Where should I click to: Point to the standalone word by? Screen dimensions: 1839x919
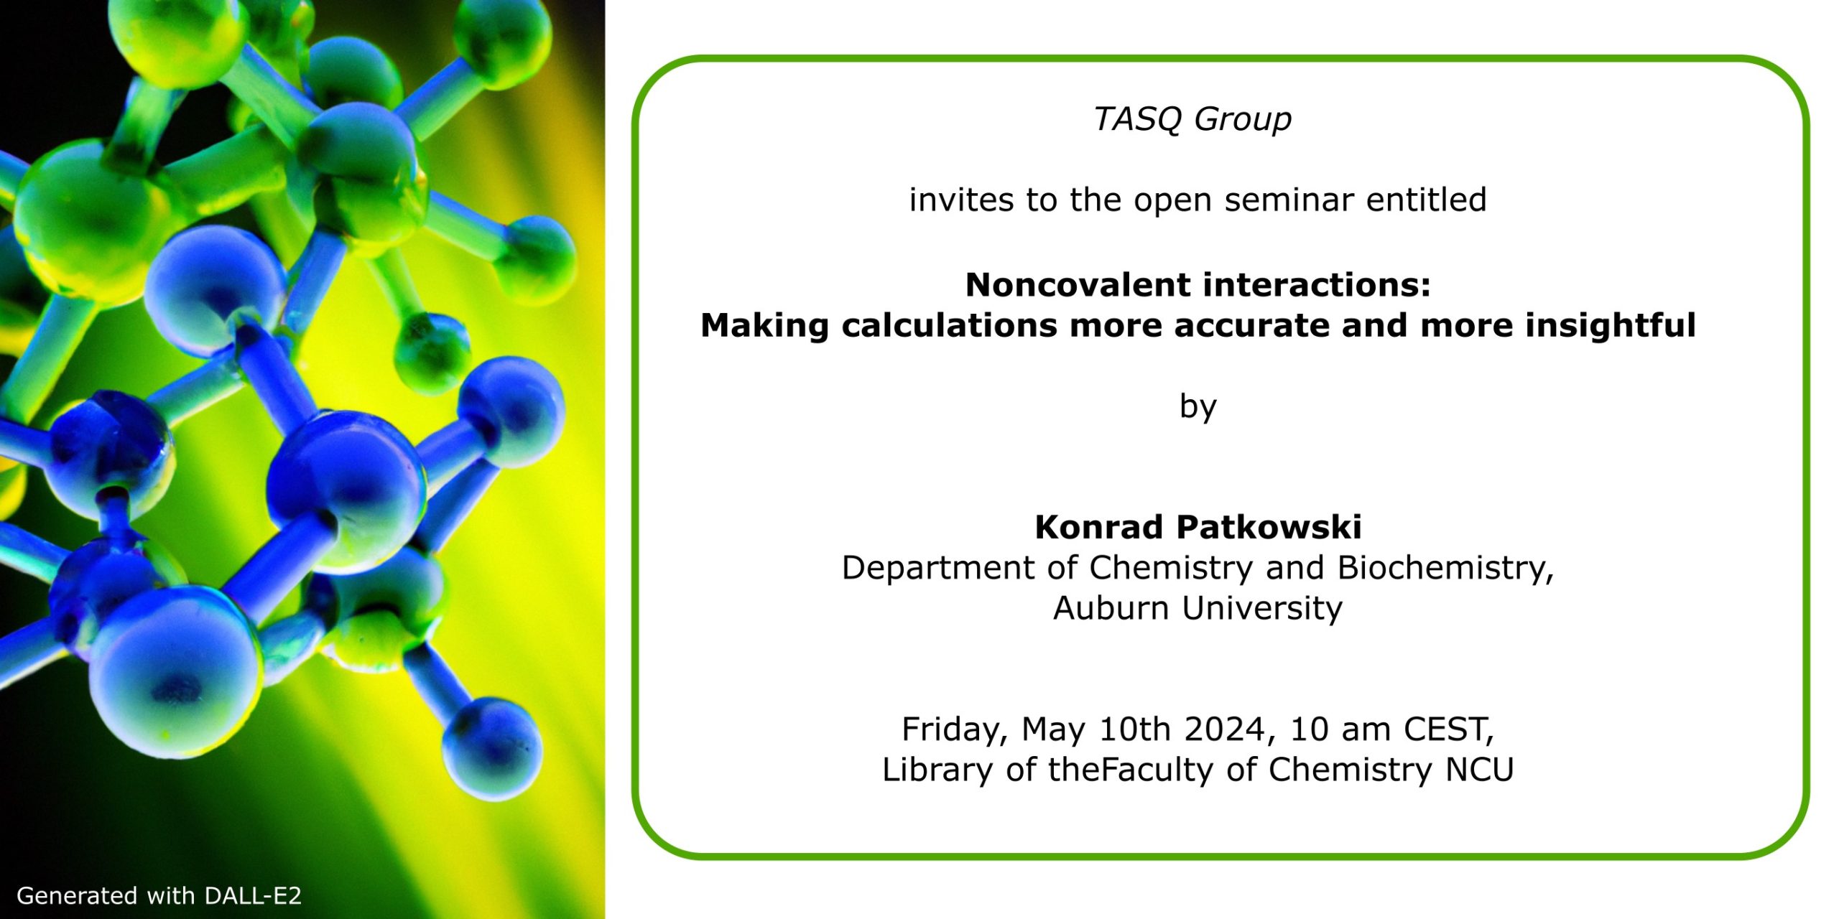click(1198, 407)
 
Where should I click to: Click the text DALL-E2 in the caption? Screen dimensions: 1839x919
click(253, 895)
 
